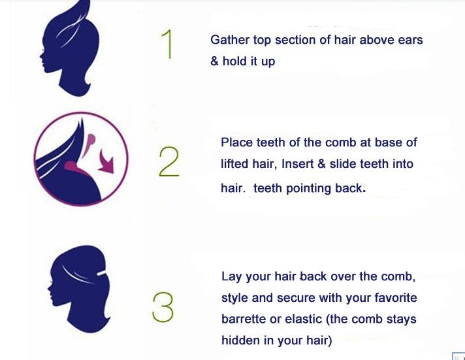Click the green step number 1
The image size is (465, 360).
(168, 44)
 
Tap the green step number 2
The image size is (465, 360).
(169, 162)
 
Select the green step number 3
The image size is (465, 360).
(163, 307)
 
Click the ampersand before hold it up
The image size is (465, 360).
(214, 61)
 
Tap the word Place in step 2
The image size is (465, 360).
(236, 142)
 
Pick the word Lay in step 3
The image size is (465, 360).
(231, 276)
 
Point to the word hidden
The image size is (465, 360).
(240, 340)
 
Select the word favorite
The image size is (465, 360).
(396, 298)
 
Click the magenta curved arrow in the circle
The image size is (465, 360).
(106, 162)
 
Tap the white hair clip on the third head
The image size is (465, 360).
(102, 272)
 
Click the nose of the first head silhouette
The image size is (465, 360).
(42, 55)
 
